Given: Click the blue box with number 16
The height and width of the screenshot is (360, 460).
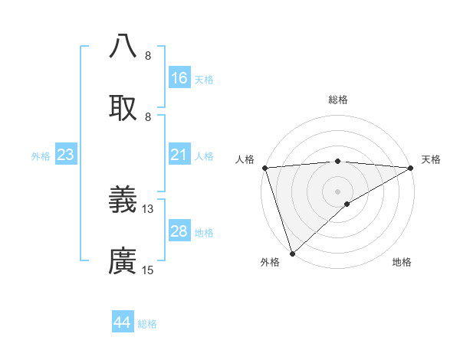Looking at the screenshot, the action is tap(179, 78).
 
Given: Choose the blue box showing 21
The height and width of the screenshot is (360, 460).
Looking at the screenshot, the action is tap(179, 155).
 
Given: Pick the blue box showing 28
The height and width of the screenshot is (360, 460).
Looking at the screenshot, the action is tap(179, 231).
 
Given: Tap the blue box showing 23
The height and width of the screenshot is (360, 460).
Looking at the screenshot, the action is tap(66, 155).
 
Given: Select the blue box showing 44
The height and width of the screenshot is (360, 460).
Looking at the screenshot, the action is tap(123, 322).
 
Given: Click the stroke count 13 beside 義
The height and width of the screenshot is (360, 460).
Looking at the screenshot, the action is tap(148, 208).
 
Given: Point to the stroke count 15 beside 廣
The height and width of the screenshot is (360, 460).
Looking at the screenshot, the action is tap(148, 270).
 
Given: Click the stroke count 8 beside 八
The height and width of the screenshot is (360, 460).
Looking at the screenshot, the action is tap(148, 56).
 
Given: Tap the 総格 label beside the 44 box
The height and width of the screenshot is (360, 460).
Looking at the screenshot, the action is tap(147, 324).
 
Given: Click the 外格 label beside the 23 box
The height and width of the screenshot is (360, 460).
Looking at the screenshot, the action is tap(41, 156).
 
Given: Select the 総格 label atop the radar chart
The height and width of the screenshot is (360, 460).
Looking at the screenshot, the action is tap(338, 100).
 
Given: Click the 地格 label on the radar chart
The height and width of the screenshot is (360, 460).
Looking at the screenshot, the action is tap(402, 263).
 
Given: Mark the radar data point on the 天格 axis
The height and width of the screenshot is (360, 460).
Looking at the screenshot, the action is tap(411, 167).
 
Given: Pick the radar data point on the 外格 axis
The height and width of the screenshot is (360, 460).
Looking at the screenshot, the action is tap(292, 254).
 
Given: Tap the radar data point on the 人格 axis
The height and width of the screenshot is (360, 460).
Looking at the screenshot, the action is tap(264, 167).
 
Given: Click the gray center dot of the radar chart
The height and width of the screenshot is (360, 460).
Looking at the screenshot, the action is tap(337, 191).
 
